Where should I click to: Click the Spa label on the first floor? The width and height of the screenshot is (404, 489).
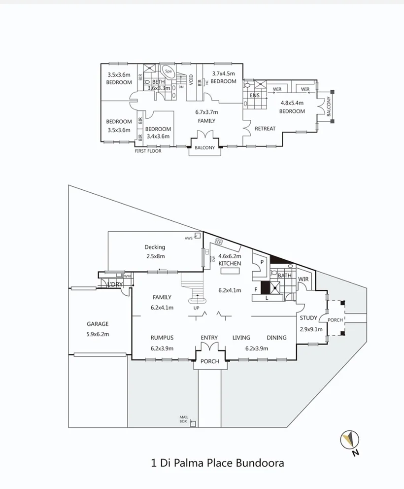(x=168, y=71)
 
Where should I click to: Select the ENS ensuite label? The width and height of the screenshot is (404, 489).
(x=254, y=95)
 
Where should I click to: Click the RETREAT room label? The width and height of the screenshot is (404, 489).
(x=265, y=129)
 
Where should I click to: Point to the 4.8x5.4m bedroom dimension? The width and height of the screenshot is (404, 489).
(x=293, y=104)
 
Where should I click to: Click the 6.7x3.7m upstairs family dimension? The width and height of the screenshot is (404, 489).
(x=206, y=112)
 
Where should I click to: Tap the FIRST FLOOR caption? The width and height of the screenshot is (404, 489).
(x=148, y=151)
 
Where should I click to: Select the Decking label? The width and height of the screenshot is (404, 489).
(x=155, y=247)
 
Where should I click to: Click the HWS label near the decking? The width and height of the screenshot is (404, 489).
(x=188, y=239)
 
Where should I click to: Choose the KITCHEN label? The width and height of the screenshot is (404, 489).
(x=230, y=264)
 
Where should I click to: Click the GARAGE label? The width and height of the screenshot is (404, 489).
(x=98, y=324)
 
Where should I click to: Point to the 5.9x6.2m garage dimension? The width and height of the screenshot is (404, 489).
(x=98, y=334)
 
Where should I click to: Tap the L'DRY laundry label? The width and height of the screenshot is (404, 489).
(x=115, y=285)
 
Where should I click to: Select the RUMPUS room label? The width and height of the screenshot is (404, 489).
(x=162, y=338)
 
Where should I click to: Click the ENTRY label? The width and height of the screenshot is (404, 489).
(x=209, y=338)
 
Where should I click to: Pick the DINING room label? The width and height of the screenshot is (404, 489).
(x=276, y=338)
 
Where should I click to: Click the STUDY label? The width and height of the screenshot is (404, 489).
(x=308, y=318)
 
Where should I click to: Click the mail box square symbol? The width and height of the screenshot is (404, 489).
(x=193, y=423)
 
